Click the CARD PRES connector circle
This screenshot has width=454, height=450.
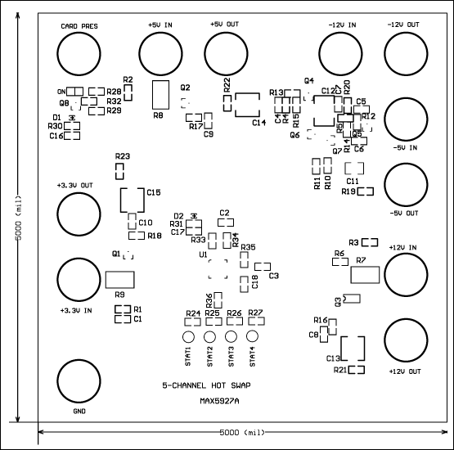point(77,55)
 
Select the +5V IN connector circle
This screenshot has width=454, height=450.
point(160,55)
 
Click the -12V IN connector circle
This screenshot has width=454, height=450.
point(339,55)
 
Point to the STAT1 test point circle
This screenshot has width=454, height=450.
point(188,338)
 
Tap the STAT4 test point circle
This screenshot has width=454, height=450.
point(253,338)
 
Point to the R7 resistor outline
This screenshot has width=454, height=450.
point(363,274)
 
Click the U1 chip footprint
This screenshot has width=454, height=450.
point(218,271)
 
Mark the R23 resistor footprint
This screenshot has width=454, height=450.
point(121,171)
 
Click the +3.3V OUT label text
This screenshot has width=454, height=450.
point(75,186)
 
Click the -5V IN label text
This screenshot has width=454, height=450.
point(403,148)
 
